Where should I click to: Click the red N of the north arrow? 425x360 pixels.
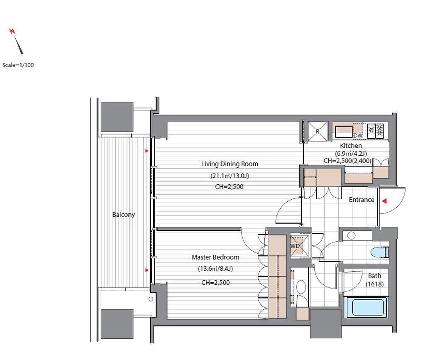coord(12,31)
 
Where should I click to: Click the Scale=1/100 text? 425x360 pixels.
coord(18,65)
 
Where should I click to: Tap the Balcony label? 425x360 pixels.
coord(124,215)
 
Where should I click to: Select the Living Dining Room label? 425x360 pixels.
coord(230,164)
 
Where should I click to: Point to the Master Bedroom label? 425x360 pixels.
coord(215,257)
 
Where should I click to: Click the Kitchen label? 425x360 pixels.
coord(351,146)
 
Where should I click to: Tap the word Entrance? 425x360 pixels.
coord(361,200)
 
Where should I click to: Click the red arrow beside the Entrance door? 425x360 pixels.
coord(384,201)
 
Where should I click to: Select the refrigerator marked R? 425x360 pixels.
coord(318,132)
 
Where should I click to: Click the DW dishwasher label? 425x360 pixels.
coord(358,135)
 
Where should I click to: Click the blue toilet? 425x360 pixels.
coord(380,252)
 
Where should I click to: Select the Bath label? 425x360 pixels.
coord(375,276)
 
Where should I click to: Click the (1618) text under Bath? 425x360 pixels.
coord(375,284)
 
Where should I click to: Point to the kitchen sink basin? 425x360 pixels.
coord(344,132)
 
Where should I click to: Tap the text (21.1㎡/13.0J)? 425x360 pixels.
coord(230,176)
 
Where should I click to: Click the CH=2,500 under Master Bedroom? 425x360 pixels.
coord(215,282)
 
